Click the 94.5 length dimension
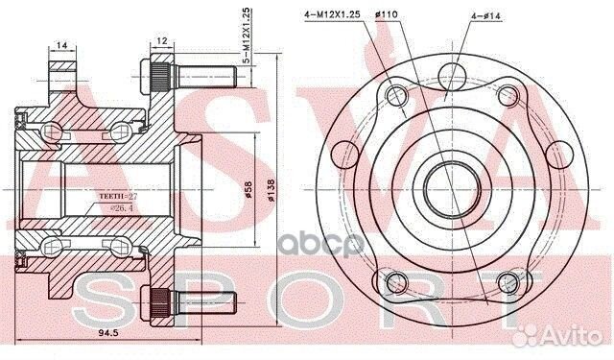pyautogui.click(x=108, y=333)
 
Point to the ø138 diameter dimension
pyautogui.click(x=271, y=190)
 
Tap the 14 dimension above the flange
pyautogui.click(x=61, y=46)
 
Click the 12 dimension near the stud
pyautogui.click(x=162, y=40)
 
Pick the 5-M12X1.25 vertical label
pyautogui.click(x=247, y=36)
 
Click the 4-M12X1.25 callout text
pyautogui.click(x=332, y=15)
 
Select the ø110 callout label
pyautogui.click(x=386, y=15)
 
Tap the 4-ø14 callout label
pyautogui.click(x=485, y=16)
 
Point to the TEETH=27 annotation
pyautogui.click(x=118, y=196)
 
